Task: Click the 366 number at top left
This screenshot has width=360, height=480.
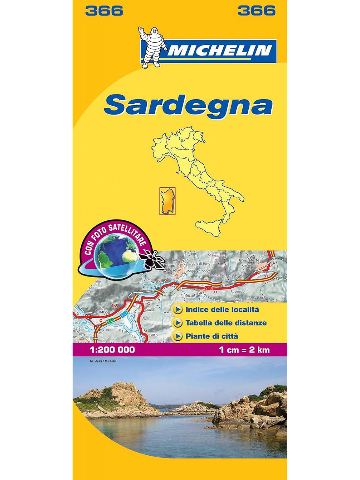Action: tap(104, 11)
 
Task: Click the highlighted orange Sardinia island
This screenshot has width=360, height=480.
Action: tap(167, 201)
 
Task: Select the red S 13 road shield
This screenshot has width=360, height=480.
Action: tap(209, 288)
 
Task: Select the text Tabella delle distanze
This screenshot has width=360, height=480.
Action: tap(226, 323)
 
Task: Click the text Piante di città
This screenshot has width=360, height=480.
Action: tap(212, 336)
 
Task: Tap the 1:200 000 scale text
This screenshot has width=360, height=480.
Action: tap(112, 349)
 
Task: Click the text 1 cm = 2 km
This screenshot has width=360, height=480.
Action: tap(244, 349)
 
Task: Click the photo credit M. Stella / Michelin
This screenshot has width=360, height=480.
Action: tap(103, 361)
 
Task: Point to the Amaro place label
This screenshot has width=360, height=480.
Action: tap(101, 311)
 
